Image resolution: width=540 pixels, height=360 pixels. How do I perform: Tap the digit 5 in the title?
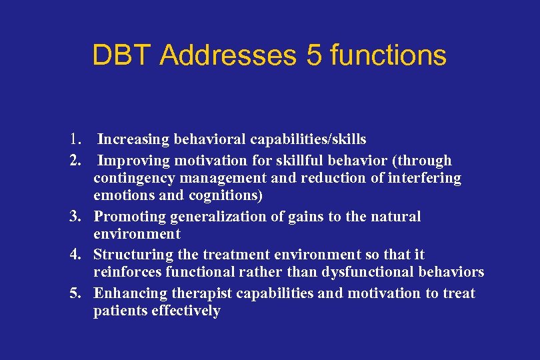(313, 55)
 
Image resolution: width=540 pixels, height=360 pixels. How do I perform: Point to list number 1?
(75, 139)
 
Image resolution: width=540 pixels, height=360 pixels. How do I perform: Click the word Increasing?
(133, 139)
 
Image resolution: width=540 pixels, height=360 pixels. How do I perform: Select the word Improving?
(133, 161)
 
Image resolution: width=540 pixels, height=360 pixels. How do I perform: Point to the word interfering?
(427, 178)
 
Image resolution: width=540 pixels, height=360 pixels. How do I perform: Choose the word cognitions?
(227, 196)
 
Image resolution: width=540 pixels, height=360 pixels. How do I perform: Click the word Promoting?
(129, 217)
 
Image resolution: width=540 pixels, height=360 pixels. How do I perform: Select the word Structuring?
(132, 255)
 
